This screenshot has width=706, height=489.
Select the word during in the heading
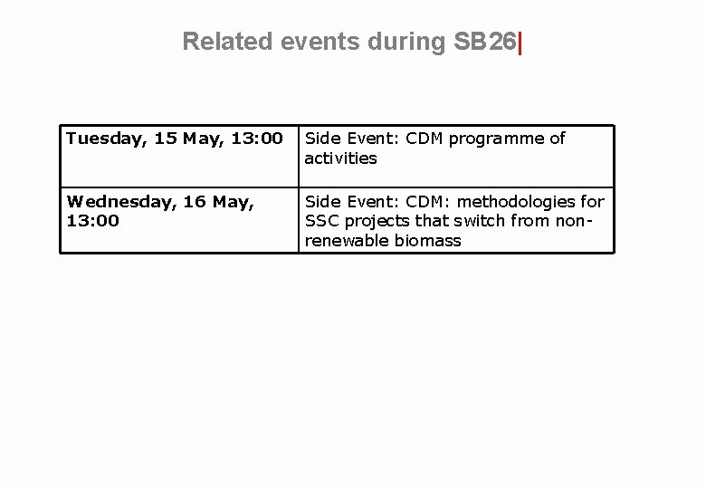click(398, 42)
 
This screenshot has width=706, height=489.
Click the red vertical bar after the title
click(520, 42)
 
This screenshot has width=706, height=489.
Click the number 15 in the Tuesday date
click(166, 139)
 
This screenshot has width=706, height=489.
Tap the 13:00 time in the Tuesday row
click(258, 139)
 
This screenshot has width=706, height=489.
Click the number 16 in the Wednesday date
click(195, 202)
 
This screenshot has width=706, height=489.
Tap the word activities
click(340, 158)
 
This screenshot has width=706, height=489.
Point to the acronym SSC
click(320, 221)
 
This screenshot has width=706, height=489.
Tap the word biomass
click(429, 241)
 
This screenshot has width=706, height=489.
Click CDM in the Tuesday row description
click(425, 139)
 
